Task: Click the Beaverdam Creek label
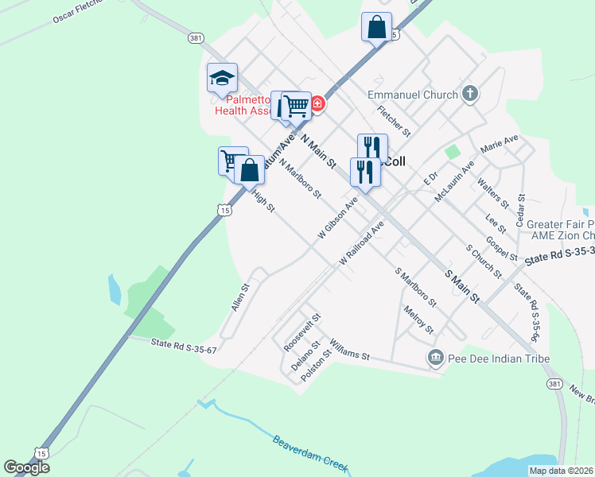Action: pos(310,452)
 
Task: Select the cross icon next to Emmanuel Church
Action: pos(470,95)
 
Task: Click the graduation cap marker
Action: pos(222,79)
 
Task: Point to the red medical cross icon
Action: pos(317,104)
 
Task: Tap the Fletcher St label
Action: pos(394,120)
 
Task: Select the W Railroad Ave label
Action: pos(361,242)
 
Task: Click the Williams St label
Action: pos(350,348)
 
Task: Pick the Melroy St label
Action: pos(418,320)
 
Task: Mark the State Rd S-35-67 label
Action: pos(184,345)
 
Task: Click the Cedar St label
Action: pos(522,210)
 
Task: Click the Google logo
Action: pos(26,467)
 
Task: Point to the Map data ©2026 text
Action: pos(561,471)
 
